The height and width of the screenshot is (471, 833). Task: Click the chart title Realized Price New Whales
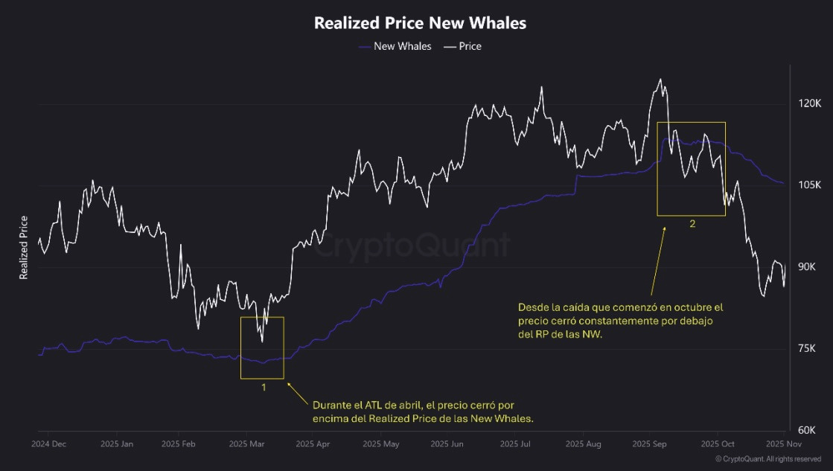pos(420,23)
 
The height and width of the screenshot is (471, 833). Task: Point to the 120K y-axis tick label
pos(808,103)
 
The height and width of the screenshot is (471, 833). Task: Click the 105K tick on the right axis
pos(808,185)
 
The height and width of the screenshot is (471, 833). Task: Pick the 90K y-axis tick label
pos(808,267)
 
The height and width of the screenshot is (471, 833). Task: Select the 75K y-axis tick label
pos(808,349)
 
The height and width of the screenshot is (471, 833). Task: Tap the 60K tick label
pos(808,431)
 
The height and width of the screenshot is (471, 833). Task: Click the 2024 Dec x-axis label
pos(48,444)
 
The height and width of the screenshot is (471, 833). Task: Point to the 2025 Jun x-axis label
pos(447,444)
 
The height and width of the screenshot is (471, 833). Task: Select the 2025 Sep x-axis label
pos(648,444)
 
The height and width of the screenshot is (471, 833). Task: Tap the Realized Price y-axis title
pos(24,247)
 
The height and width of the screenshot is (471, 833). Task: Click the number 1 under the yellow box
pos(264,388)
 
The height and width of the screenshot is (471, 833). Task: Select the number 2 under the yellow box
pos(692,224)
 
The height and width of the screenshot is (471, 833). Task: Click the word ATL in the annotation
pos(377,406)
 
